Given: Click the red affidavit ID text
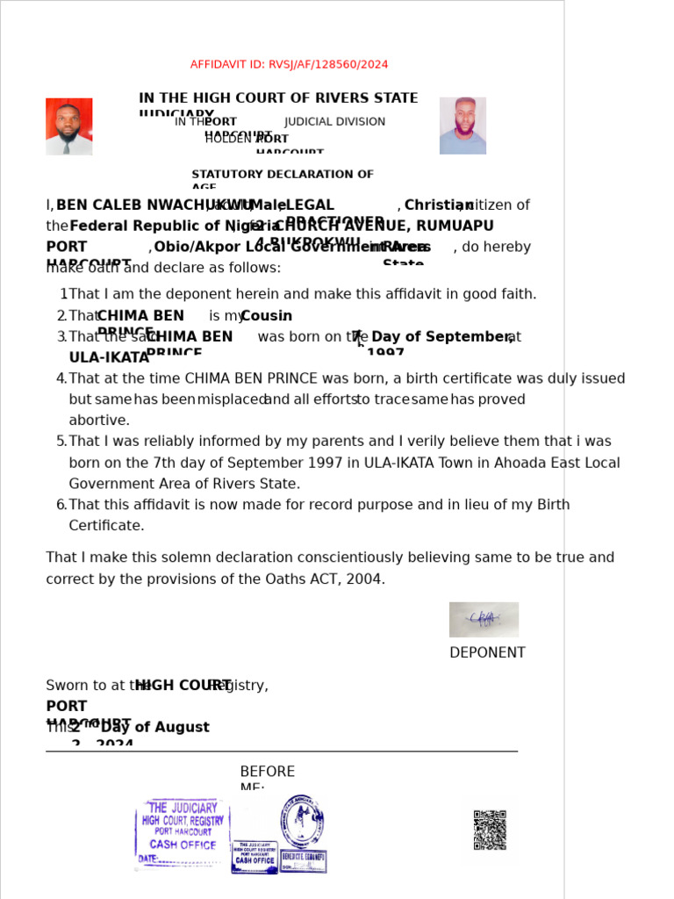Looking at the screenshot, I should tap(289, 65).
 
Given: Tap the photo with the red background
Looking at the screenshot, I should tap(68, 126).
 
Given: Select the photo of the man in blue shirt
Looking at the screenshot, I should tap(462, 126).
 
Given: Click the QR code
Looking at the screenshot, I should tap(490, 830).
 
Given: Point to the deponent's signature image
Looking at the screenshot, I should tap(484, 619).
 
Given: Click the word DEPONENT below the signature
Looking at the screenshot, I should tap(487, 653).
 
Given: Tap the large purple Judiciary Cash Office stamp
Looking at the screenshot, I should tap(183, 833).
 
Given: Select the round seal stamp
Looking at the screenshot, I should tap(302, 821).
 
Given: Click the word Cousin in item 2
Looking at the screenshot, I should tap(266, 316).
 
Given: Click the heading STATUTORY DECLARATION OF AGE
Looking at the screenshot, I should tap(282, 176).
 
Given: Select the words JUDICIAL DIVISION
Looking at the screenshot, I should tap(334, 122).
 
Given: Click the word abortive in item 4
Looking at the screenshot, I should tap(99, 421).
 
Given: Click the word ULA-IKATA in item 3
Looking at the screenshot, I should tap(109, 358).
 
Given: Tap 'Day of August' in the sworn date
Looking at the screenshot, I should tap(154, 728).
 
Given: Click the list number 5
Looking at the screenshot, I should tap(61, 442).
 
